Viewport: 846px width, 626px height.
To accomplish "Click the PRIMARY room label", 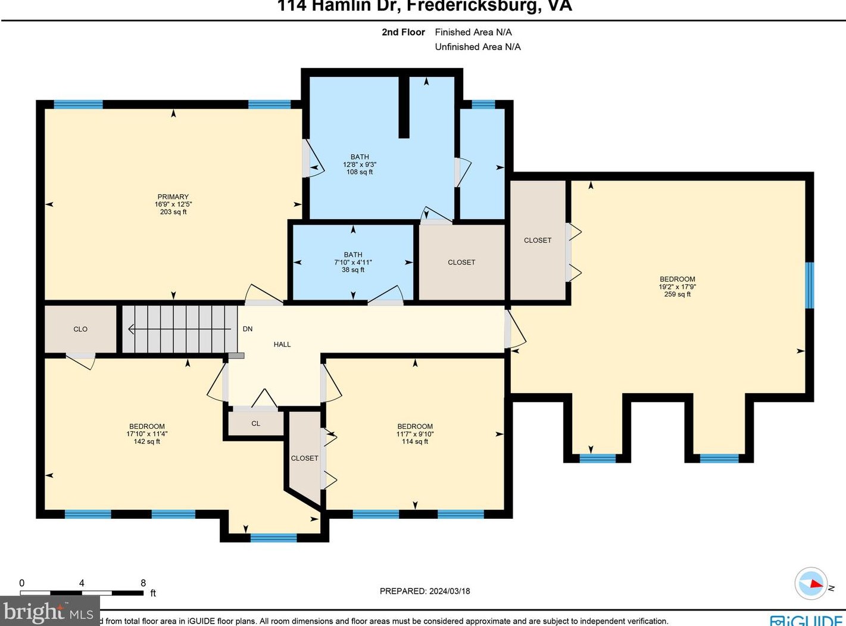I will tap(173, 197).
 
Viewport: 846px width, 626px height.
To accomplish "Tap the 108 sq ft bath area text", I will tap(360, 172).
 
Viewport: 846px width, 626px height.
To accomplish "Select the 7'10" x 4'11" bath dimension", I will tap(353, 262).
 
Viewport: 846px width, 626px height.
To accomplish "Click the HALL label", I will tap(282, 344).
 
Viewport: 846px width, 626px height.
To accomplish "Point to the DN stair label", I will tap(248, 329).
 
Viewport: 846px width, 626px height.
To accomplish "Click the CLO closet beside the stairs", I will tap(80, 329).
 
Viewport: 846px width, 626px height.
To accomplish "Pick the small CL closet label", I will tap(256, 423).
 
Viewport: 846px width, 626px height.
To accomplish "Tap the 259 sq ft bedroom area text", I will tap(677, 294).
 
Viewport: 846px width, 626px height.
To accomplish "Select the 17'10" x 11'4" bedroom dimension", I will tap(147, 434).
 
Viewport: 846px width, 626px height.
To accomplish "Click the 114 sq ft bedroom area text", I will tap(415, 442).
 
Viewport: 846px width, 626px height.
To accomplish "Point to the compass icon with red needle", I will tap(811, 583).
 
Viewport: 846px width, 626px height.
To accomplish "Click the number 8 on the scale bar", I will tap(143, 583).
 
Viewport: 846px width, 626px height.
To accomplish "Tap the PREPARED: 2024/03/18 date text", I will tap(425, 591).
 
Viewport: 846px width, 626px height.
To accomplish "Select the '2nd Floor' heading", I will tap(403, 32).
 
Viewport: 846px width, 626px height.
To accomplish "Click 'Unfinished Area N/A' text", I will tap(477, 47).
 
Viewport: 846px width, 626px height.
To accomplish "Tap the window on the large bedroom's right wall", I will tap(809, 285).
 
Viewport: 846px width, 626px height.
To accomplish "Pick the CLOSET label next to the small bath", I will tap(461, 262).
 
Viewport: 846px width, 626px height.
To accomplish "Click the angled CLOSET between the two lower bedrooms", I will tap(304, 458).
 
